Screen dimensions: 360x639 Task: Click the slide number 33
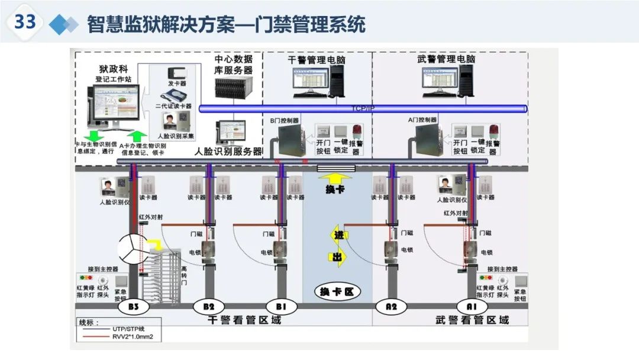25,22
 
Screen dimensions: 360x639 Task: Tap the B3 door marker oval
133,307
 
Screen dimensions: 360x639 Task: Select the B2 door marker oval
209,307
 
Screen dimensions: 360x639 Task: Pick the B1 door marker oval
281,307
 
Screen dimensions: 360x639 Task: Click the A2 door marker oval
391,307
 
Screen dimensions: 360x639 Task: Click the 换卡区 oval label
336,292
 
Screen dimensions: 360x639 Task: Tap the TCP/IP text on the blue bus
363,108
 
